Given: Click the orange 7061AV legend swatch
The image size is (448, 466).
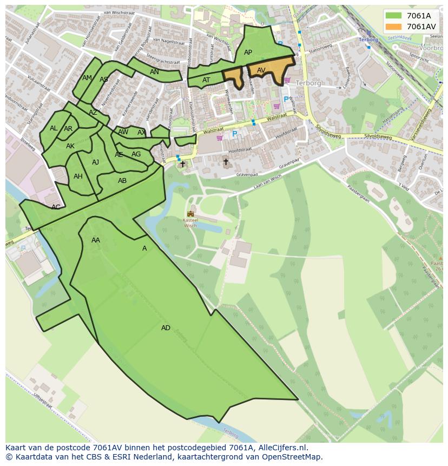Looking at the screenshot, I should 393,27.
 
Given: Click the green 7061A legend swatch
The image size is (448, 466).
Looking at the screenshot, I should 393,16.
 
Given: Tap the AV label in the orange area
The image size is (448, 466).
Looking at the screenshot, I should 261,70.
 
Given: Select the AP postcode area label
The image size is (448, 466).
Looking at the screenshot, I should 248,52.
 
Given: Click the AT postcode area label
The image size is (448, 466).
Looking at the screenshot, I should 206,80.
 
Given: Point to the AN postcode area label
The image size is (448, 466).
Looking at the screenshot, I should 154,72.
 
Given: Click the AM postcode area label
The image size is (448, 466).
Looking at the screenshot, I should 87,78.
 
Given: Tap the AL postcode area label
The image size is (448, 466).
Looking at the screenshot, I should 54,128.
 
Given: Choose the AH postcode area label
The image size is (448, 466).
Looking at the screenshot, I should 78,176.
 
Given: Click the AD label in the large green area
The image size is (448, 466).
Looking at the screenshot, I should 166,328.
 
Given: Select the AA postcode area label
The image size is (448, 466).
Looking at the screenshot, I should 96,240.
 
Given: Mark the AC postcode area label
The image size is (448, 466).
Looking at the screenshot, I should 56,207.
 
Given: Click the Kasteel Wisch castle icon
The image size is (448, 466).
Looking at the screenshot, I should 190,214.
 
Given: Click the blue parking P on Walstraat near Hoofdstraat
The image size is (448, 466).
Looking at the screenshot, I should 235,134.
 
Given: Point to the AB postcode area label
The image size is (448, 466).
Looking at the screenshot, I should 122,181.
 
